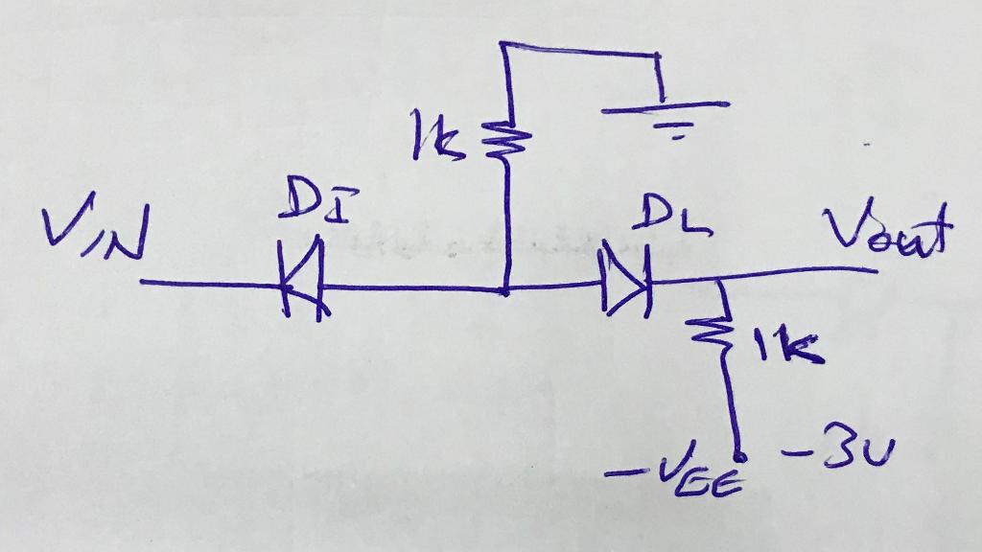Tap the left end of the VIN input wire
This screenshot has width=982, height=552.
[x=142, y=282]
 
